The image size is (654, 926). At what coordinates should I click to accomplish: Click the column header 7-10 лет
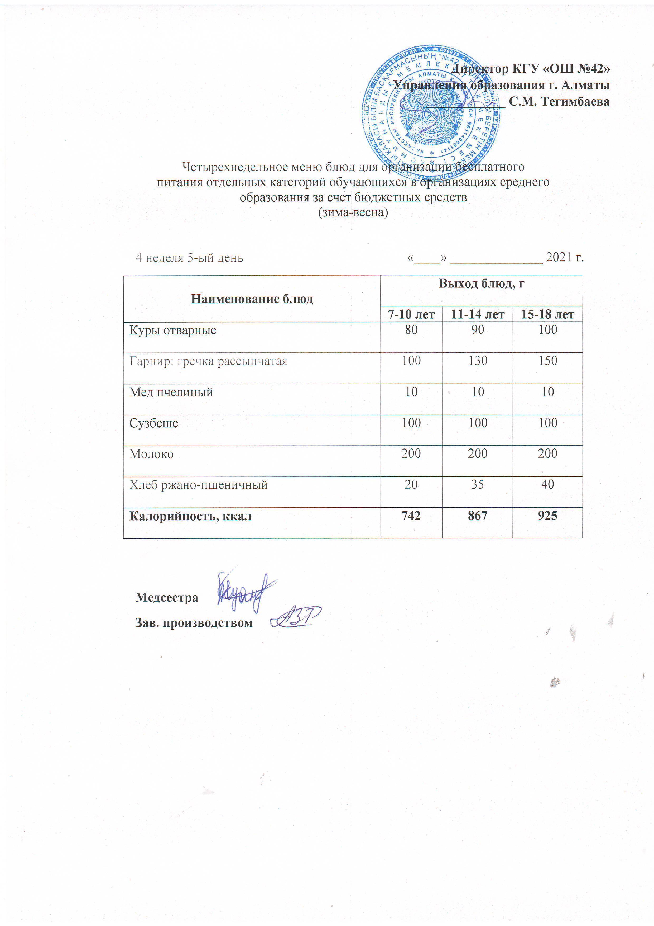coord(411,314)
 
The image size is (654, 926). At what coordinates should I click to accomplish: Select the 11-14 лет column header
coord(478,314)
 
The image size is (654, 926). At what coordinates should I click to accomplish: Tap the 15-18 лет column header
coord(548,314)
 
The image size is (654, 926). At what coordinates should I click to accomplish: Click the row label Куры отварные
coord(173,330)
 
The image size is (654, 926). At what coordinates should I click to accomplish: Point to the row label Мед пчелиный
coord(171,392)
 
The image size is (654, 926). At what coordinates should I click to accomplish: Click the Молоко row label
coord(152,454)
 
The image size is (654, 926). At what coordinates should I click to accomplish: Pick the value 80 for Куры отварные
coord(411,330)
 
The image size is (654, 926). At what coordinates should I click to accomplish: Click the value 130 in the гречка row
coord(478,361)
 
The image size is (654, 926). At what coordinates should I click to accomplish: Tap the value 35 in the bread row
coord(478,484)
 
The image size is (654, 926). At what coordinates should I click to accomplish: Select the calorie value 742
coord(411,516)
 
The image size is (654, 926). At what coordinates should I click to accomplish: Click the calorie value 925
coord(548,516)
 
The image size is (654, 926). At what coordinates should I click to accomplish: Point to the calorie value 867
coord(478,516)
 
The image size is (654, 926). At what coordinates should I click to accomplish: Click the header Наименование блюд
coord(252,299)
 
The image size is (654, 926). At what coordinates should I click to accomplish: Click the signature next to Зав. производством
coord(296,617)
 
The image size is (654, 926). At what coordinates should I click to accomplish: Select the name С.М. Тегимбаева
coord(559,102)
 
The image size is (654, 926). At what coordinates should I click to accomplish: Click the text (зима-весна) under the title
coord(353,212)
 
